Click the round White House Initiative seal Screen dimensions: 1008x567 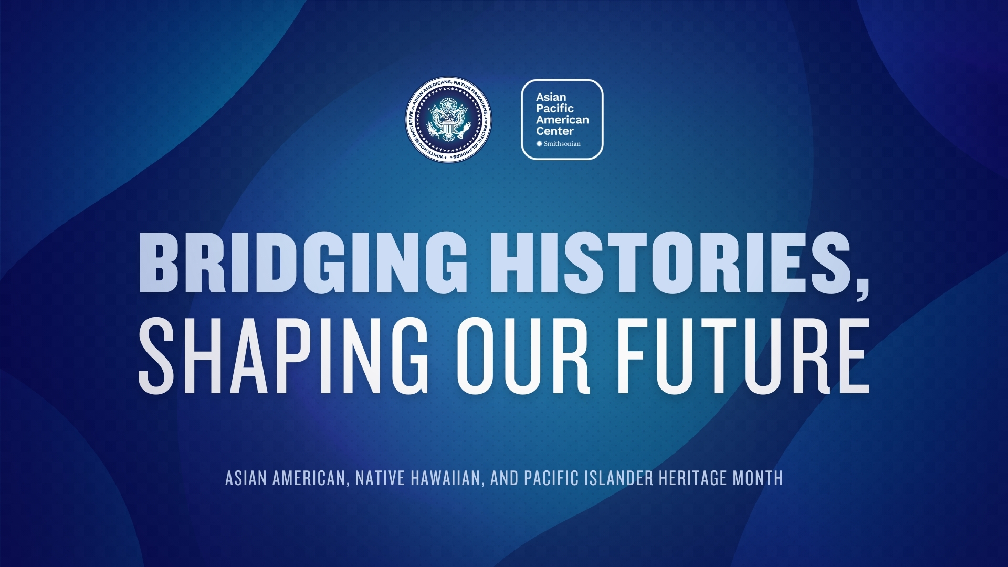[449, 120]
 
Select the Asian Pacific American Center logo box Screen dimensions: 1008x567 [562, 120]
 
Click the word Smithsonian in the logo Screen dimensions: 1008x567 [562, 144]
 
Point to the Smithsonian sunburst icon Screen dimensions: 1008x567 [539, 144]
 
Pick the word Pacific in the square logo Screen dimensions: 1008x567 [555, 109]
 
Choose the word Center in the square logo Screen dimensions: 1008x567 [555, 131]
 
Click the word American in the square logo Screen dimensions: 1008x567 [562, 120]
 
